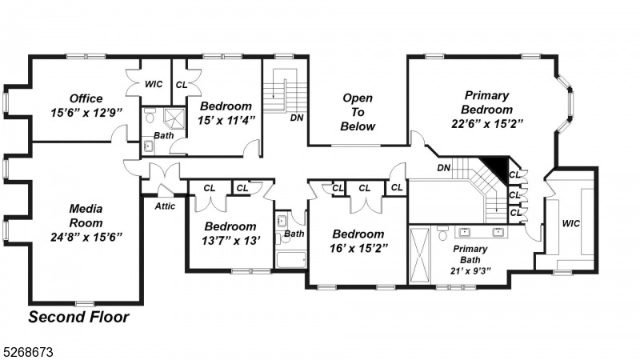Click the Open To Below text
358,112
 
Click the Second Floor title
78,317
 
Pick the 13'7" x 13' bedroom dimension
230,241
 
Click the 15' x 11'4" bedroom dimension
226,120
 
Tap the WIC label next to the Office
154,83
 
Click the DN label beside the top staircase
296,117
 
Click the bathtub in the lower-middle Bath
291,259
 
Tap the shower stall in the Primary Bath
419,254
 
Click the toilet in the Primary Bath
442,234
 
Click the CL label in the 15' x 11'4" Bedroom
182,83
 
